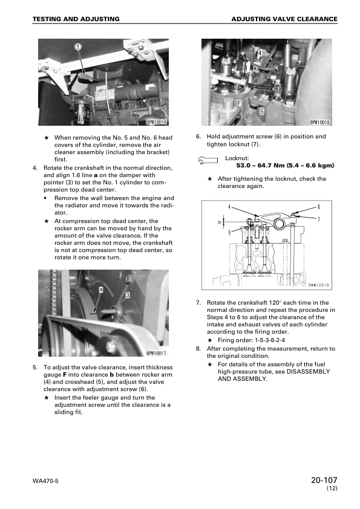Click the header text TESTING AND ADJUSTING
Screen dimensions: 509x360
click(x=76, y=19)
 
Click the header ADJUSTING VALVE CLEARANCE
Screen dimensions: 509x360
click(x=284, y=19)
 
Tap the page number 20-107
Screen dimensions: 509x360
click(x=322, y=481)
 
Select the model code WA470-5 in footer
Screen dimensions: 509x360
click(x=47, y=481)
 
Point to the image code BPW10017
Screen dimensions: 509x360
click(x=156, y=354)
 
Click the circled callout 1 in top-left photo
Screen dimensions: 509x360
click(x=78, y=47)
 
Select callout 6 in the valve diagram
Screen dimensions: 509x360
click(x=318, y=207)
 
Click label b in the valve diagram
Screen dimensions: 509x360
click(x=220, y=222)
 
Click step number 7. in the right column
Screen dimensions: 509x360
click(x=198, y=302)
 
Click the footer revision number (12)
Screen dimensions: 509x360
click(x=331, y=488)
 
